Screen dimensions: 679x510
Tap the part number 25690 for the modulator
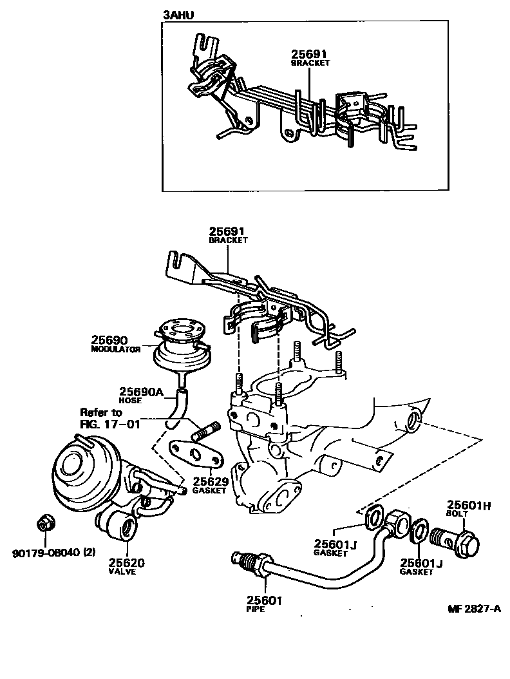pos(109,339)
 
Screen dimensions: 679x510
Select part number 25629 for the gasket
pos(210,481)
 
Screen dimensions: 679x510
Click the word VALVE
pos(122,571)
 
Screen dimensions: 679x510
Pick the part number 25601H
pos(469,506)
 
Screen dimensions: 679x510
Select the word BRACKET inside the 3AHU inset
pos(310,63)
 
